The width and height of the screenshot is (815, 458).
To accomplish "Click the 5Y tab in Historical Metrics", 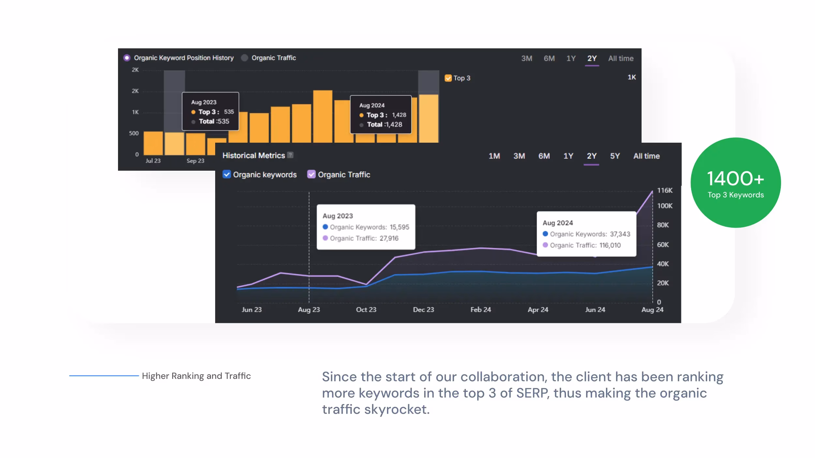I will coord(615,156).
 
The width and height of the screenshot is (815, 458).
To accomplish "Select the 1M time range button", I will coord(494,156).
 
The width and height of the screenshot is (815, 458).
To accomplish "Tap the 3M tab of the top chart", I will coord(526,59).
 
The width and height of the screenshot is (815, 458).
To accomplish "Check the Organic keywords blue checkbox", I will coord(227,174).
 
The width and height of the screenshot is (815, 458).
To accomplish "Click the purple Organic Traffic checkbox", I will coord(311,174).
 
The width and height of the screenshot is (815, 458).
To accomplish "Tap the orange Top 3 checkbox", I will coord(448,78).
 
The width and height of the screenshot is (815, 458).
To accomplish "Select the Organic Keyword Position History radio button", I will coord(127,58).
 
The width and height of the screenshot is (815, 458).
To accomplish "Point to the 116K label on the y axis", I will coord(664,191).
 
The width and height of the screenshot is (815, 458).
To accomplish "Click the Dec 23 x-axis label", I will coord(423,310).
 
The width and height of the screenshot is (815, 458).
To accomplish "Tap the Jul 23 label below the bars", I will coord(153,161).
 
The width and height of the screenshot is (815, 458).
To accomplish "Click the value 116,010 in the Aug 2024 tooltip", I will coord(610,245).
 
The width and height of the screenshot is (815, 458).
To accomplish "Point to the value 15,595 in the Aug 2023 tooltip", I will coord(399,227).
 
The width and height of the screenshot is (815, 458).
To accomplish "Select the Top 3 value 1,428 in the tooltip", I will coord(399,115).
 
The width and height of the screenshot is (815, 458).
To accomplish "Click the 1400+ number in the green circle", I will coord(735,179).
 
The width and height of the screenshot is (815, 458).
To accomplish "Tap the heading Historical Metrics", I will coord(254,156).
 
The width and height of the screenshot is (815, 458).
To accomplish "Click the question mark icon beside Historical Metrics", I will coord(290,155).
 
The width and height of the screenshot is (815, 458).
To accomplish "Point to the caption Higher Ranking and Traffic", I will coord(196,376).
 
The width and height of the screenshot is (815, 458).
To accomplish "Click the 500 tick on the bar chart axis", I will coord(134,134).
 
